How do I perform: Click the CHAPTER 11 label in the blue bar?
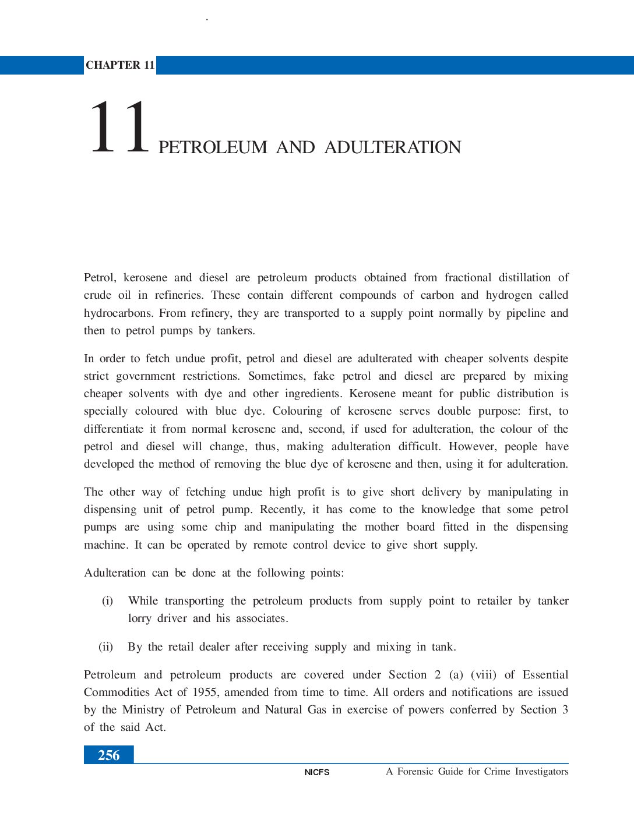tap(120, 65)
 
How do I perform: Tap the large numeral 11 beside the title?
tap(119, 128)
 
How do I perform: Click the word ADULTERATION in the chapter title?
tap(392, 147)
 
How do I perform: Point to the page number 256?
tap(108, 755)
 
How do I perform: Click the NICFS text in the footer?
tap(317, 772)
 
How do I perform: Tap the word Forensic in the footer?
tap(415, 772)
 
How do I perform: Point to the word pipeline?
tap(526, 313)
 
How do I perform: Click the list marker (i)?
tap(107, 601)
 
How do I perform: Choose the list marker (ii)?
tap(105, 647)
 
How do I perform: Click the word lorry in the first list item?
tap(139, 618)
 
